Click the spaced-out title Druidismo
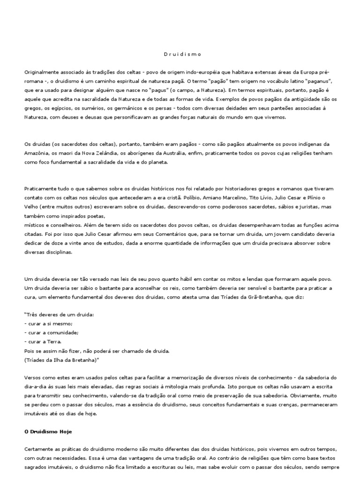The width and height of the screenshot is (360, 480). coord(183,54)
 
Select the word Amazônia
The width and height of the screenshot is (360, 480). coord(38,153)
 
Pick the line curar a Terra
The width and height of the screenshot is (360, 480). coord(45,342)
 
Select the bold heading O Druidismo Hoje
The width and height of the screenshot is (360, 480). coord(48,431)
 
